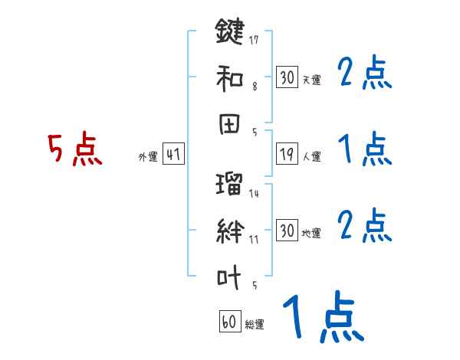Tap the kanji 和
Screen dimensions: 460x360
[x=229, y=79]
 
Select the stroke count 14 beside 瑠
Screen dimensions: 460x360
[x=254, y=194]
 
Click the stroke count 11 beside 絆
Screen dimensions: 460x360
[x=254, y=239]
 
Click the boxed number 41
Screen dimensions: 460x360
[x=172, y=155]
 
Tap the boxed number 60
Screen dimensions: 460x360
[x=230, y=322]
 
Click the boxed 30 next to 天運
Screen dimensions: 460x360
[x=287, y=77]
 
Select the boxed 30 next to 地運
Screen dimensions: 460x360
[x=287, y=231]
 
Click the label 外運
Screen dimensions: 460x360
[x=148, y=157]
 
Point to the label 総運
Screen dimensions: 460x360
[x=255, y=324]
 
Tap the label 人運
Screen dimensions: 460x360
[x=312, y=157]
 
